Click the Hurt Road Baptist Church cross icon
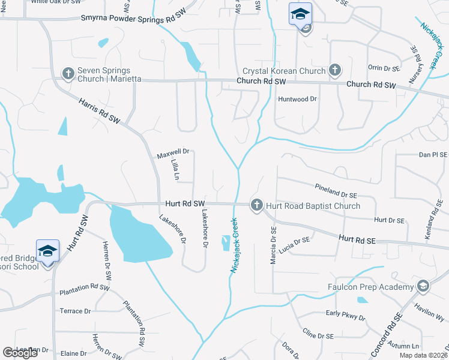(x=257, y=205)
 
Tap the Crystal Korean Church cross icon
(x=334, y=71)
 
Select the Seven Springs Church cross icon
(x=68, y=73)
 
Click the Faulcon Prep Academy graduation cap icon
(x=423, y=286)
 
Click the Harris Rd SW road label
(x=100, y=111)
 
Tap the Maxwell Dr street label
(x=173, y=154)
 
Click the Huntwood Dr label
(x=297, y=99)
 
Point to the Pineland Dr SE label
(x=336, y=191)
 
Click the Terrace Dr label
(x=75, y=311)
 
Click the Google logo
(x=20, y=353)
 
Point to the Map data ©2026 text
(x=421, y=355)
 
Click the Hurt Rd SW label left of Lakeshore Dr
(x=182, y=205)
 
